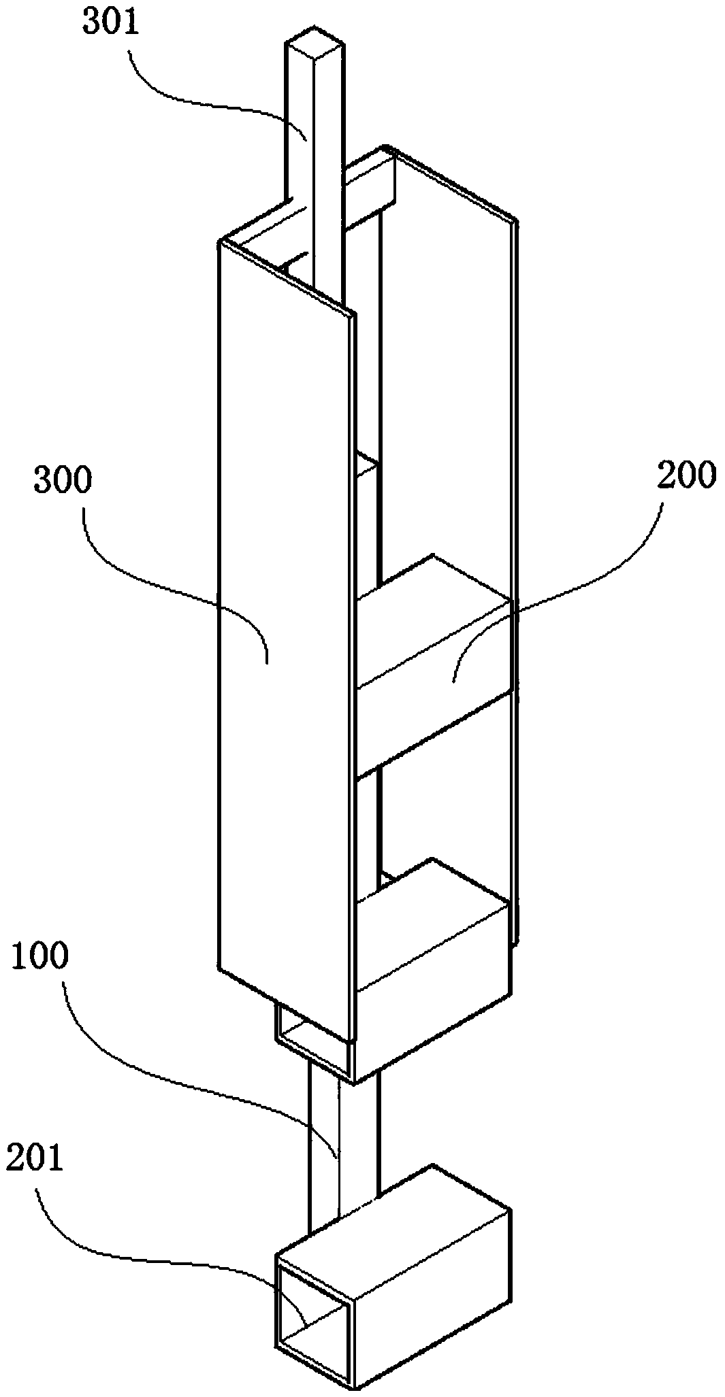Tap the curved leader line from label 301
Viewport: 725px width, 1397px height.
204,95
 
